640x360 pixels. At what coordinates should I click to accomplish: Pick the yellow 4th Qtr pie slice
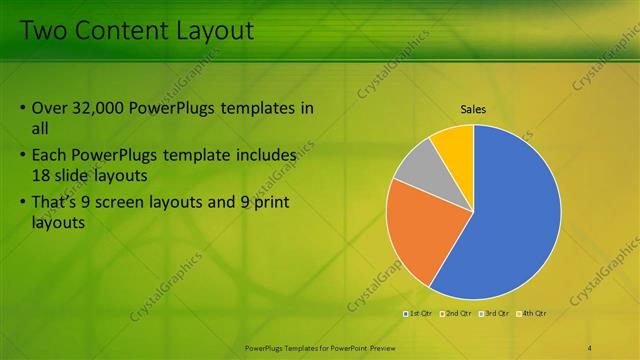pos(455,140)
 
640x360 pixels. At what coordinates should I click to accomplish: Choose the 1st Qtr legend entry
pos(417,313)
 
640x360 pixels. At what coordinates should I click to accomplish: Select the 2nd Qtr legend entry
pos(455,313)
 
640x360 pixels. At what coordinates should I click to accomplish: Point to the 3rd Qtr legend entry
pos(494,313)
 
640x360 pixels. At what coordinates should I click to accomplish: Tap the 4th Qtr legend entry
pos(531,313)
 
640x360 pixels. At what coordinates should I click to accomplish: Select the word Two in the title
pos(42,31)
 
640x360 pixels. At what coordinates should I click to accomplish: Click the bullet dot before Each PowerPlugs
pos(23,156)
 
